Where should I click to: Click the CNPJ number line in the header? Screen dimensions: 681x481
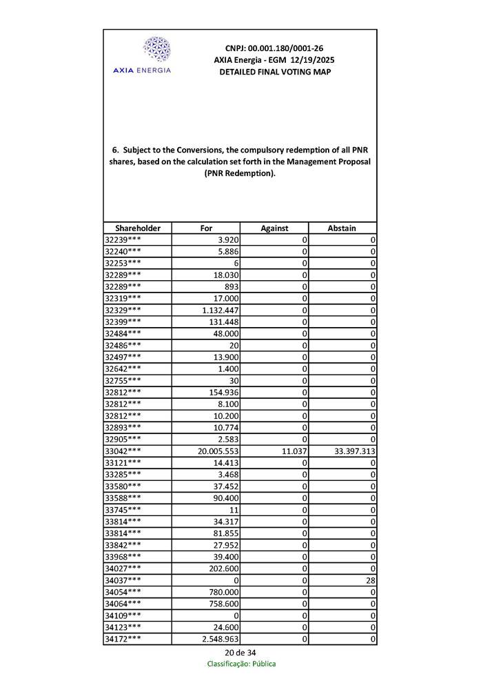(274, 48)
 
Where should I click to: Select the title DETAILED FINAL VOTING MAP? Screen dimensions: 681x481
(274, 72)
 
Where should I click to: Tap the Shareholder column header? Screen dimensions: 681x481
(138, 228)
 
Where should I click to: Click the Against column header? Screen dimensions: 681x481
(274, 228)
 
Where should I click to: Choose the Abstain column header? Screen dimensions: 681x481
(342, 228)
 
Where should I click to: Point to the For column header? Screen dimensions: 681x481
(206, 228)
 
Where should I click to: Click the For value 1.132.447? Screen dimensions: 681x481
(219, 310)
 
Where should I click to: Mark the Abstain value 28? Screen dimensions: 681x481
(370, 580)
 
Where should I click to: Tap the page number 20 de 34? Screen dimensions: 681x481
(240, 653)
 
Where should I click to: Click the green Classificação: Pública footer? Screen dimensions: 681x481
(242, 664)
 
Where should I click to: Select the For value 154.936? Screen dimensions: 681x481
(223, 392)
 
